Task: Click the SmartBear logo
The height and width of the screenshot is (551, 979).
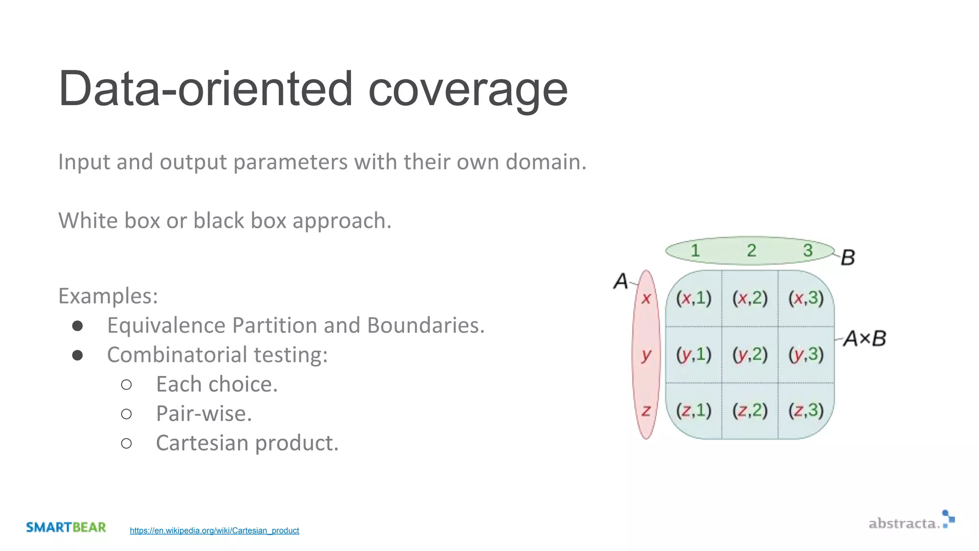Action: [66, 527]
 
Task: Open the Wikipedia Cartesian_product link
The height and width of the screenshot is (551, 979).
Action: [214, 530]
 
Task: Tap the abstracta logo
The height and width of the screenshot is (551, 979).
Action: [911, 521]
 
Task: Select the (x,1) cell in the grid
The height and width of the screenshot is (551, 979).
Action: [693, 298]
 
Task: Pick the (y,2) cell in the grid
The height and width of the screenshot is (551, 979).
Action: [750, 354]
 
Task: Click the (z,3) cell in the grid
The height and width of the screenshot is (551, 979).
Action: [806, 410]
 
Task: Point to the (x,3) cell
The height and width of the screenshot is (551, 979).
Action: [806, 298]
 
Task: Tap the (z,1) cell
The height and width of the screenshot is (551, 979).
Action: [693, 410]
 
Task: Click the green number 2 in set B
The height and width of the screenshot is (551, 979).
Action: [751, 250]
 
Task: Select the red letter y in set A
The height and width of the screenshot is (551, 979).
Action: [646, 354]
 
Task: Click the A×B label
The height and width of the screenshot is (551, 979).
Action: [864, 339]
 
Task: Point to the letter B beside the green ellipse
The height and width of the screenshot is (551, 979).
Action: [848, 257]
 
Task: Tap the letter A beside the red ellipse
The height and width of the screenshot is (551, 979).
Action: [620, 281]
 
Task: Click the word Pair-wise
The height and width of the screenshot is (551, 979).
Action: [204, 414]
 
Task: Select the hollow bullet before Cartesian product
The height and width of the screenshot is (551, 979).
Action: [126, 443]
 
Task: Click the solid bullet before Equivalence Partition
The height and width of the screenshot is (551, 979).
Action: [77, 326]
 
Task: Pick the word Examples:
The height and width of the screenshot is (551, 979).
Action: [108, 296]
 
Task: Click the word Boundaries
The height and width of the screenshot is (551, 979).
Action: [425, 326]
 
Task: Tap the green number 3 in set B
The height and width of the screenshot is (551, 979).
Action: [808, 250]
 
